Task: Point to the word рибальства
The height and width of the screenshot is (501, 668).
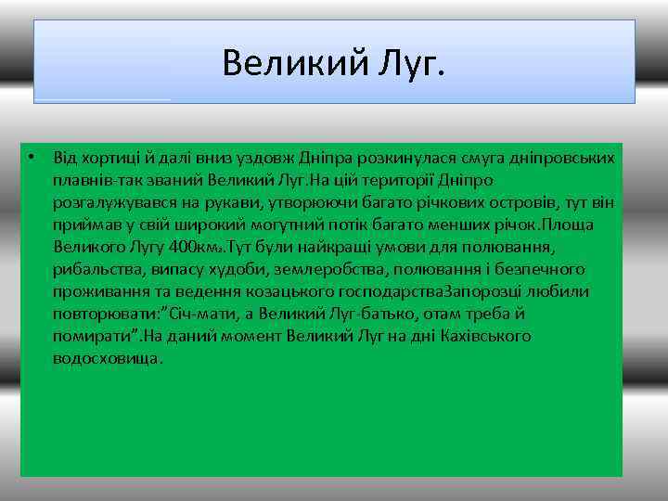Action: coord(95,269)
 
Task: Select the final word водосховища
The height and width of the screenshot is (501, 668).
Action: coord(108,358)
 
